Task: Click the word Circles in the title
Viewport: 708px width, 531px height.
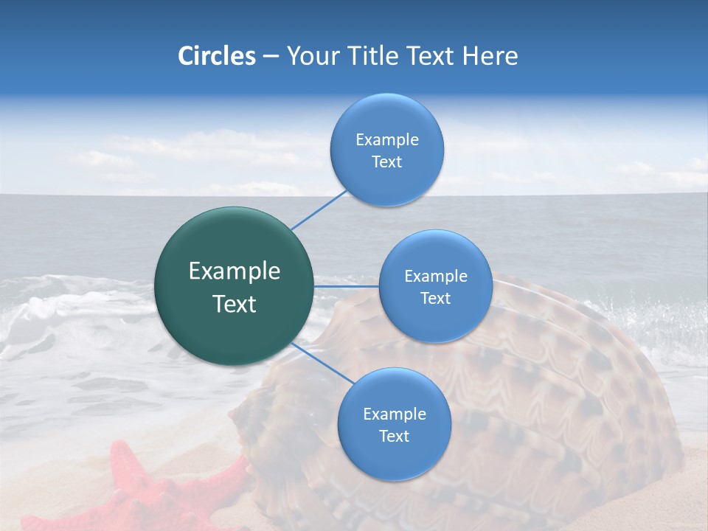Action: [x=217, y=55]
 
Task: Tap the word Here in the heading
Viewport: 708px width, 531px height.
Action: [x=490, y=55]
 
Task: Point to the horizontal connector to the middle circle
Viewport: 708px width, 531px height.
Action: [x=347, y=286]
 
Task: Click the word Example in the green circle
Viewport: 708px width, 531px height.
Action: [x=235, y=271]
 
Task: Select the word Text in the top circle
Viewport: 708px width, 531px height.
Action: [x=386, y=162]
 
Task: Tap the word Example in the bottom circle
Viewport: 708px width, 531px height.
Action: [x=394, y=414]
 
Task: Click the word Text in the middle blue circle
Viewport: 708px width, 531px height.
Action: [x=435, y=299]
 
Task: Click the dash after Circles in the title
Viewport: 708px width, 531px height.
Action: [x=271, y=56]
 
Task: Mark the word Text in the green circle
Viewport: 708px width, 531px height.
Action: [x=235, y=304]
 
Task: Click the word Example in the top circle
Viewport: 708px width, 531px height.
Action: [x=386, y=139]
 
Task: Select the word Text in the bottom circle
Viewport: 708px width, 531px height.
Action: [x=394, y=436]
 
